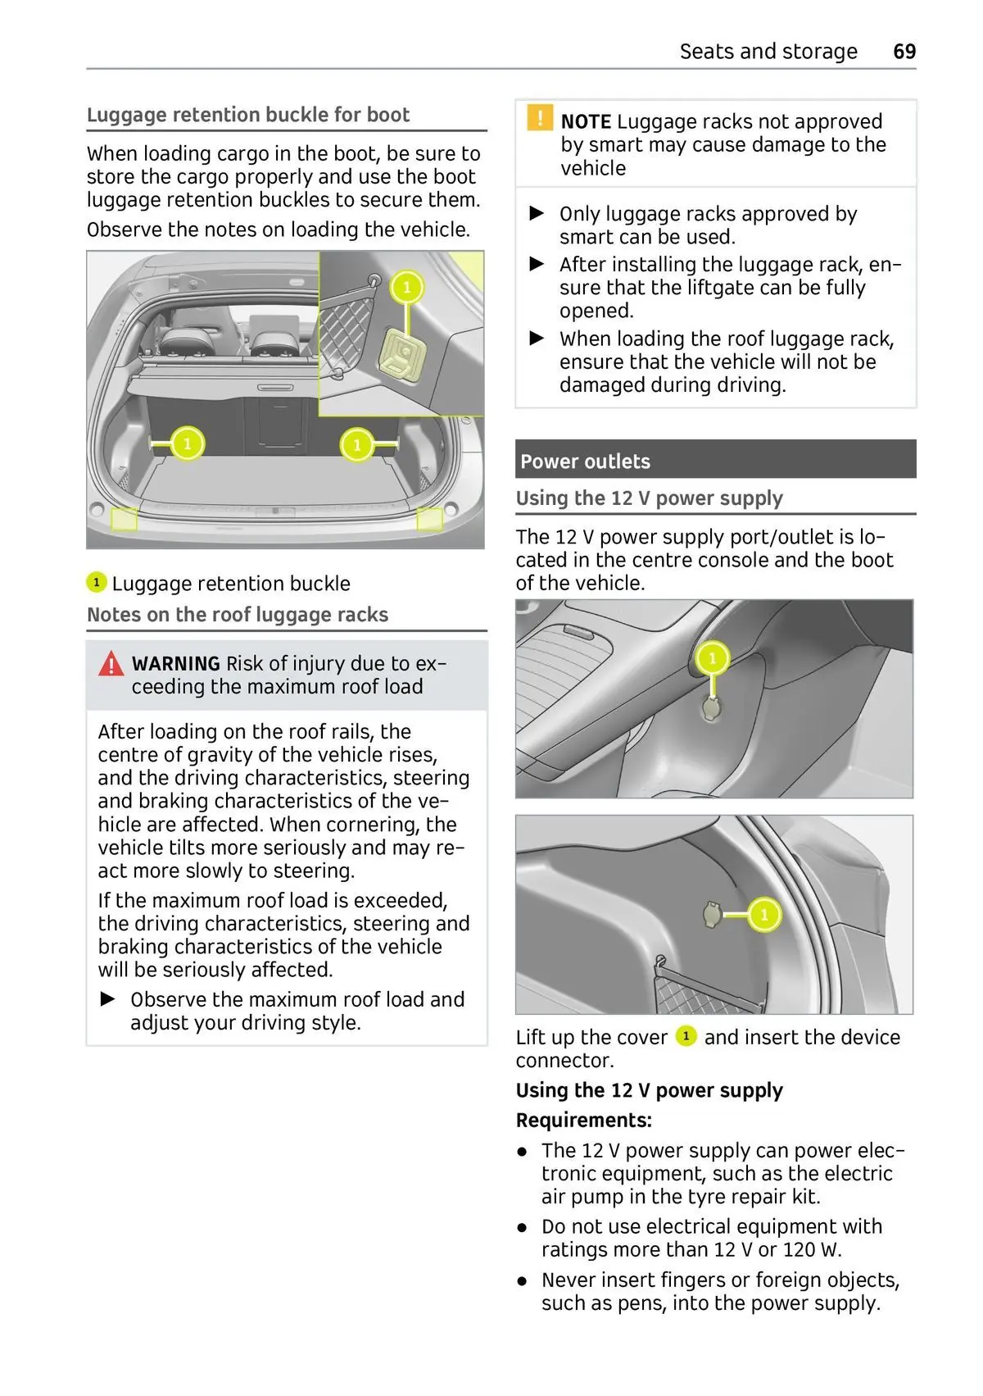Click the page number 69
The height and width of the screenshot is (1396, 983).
point(904,52)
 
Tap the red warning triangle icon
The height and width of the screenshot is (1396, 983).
point(111,663)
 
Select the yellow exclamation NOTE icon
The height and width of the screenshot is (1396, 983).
point(539,118)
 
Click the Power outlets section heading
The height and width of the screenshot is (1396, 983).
point(585,462)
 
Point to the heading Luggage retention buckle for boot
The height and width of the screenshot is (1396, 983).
point(247,115)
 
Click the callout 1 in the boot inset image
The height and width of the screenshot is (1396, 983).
point(406,288)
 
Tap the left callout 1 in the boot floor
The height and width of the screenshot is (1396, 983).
point(187,444)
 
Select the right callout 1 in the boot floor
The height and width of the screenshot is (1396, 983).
point(356,445)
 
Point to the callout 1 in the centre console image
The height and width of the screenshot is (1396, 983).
point(712,657)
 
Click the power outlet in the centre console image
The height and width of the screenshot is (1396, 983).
point(711,708)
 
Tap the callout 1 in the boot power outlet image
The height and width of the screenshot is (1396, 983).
point(763,914)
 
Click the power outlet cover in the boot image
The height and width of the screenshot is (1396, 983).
point(711,914)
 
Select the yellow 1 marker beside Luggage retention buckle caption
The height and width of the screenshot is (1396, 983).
point(96,583)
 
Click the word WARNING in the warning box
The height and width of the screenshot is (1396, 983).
point(175,664)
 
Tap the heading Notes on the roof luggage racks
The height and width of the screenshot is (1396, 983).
point(238,615)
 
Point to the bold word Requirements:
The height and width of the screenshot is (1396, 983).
point(583,1121)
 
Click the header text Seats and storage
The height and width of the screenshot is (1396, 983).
point(768,52)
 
